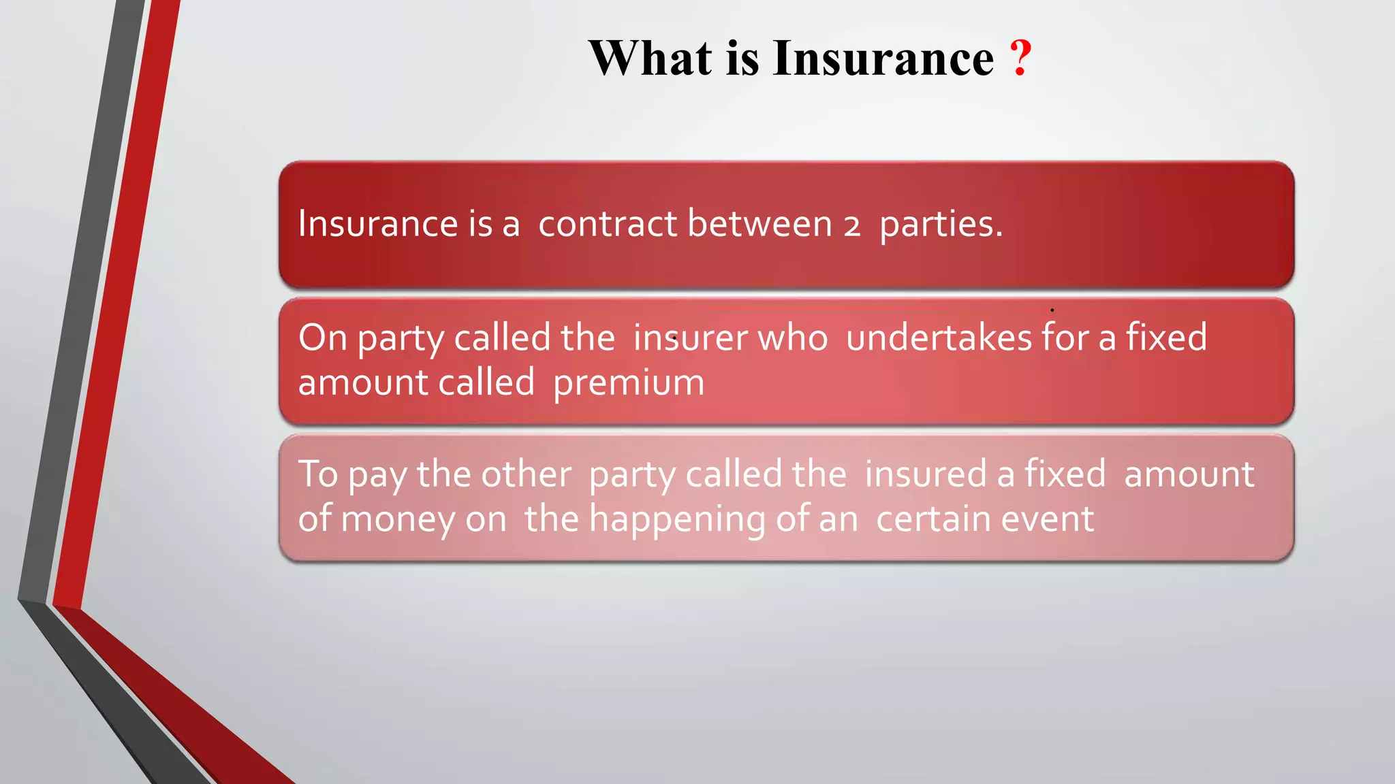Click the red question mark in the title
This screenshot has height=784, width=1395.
(x=1020, y=59)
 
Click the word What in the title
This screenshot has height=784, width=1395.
(x=651, y=59)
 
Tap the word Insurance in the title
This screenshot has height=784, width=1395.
(x=883, y=59)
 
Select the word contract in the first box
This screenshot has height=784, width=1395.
(x=608, y=224)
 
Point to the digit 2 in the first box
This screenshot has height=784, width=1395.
(x=852, y=226)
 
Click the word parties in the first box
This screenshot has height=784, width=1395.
(x=941, y=225)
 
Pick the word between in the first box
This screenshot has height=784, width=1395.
(x=759, y=224)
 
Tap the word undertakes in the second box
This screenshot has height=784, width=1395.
(x=939, y=338)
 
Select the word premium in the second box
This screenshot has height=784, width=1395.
(x=629, y=383)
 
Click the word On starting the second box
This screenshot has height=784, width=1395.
(x=323, y=338)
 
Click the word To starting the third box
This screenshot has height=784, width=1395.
(x=318, y=474)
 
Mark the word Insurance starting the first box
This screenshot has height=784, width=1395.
(x=378, y=224)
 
